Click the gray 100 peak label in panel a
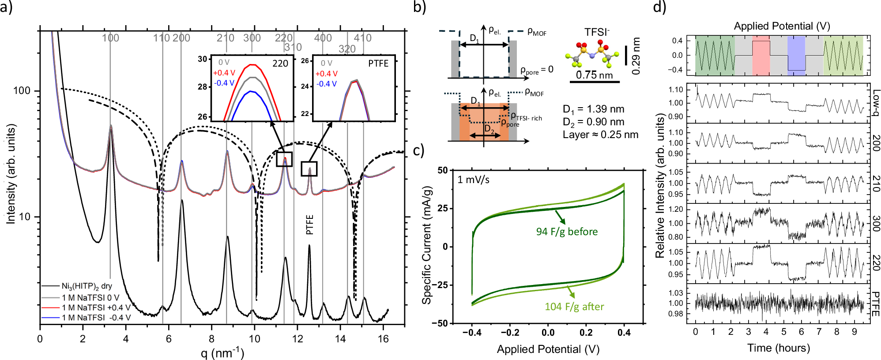(110, 38)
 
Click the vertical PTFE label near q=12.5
(309, 225)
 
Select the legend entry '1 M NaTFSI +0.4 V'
(96, 307)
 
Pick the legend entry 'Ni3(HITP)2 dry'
(87, 286)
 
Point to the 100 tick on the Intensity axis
(22, 91)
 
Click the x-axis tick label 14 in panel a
(340, 339)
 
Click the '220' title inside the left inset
(280, 64)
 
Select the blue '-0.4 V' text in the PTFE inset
(326, 84)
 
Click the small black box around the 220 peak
(284, 159)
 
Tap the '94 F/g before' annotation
(567, 232)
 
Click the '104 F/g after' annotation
(574, 307)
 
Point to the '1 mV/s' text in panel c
(473, 180)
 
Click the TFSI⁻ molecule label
(597, 32)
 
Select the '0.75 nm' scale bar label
(594, 75)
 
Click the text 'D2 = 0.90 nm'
(593, 122)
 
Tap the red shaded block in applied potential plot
(761, 56)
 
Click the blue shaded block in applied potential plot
(796, 56)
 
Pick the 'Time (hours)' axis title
(779, 348)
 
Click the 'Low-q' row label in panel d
(876, 103)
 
